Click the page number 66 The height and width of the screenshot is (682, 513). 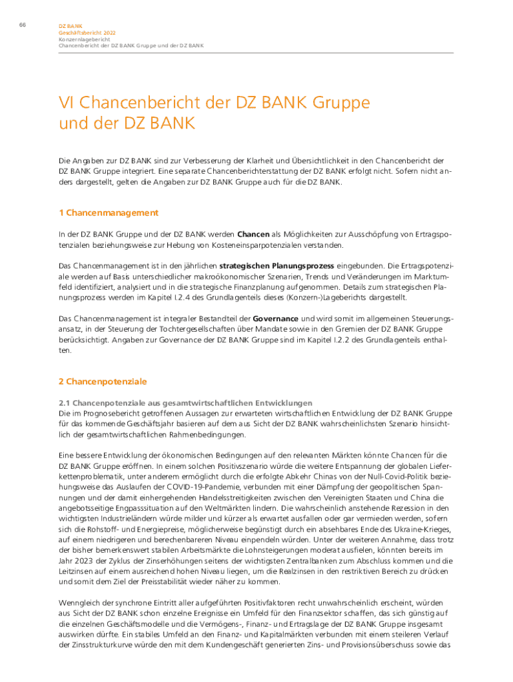[x=22, y=25]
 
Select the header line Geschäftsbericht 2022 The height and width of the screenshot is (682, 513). [x=79, y=33]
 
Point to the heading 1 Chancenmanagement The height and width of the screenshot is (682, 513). [x=109, y=213]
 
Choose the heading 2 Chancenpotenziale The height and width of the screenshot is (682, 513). [x=103, y=382]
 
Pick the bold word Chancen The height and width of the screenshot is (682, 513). [x=253, y=234]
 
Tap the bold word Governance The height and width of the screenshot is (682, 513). [x=275, y=319]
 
